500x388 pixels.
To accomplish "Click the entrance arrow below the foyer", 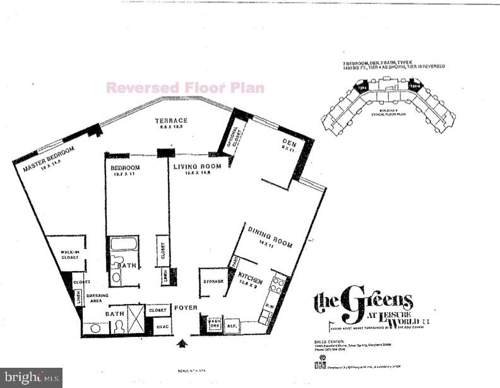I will pyautogui.click(x=184, y=343).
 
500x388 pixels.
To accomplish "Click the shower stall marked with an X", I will pyautogui.click(x=136, y=315).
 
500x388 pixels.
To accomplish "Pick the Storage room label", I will pyautogui.click(x=212, y=281).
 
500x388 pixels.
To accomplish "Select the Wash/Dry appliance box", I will pyautogui.click(x=215, y=322).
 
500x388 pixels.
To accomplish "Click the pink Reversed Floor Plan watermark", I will pyautogui.click(x=185, y=88).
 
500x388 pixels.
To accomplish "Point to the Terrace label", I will pyautogui.click(x=172, y=121).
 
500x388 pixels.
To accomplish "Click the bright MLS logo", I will pyautogui.click(x=31, y=377).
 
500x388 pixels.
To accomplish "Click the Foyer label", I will pyautogui.click(x=187, y=308).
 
